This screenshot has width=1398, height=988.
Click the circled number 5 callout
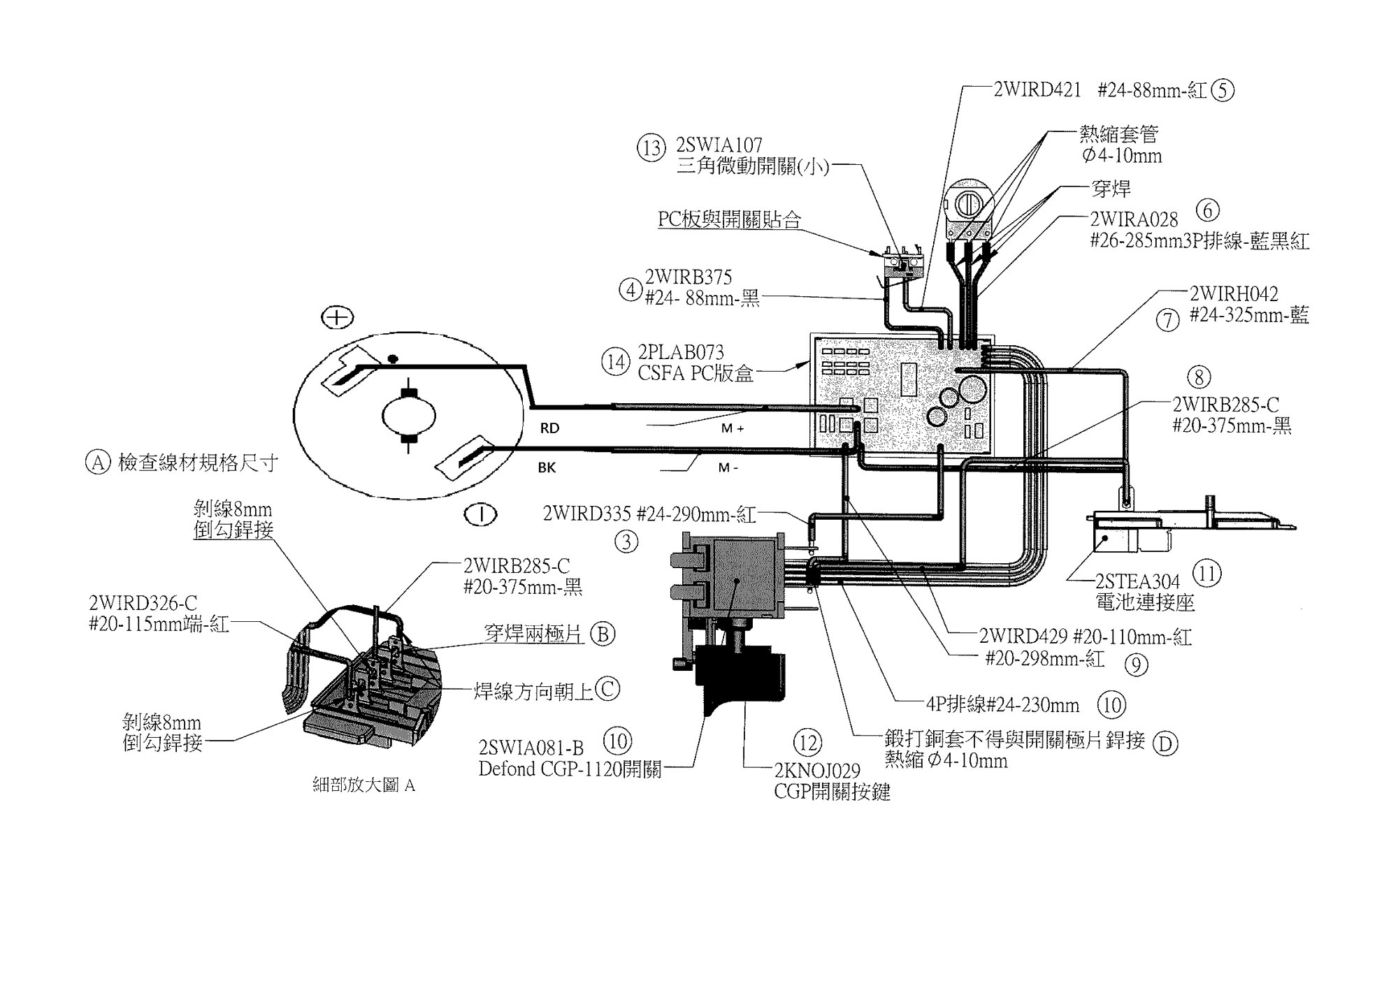tap(1223, 91)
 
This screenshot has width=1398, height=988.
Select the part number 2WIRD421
tap(1038, 90)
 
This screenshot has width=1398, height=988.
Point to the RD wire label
tap(549, 428)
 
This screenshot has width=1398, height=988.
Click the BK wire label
tap(547, 467)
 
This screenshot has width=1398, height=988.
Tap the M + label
tap(732, 428)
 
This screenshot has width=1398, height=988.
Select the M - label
tap(728, 467)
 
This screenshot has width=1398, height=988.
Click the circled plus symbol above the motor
tap(337, 318)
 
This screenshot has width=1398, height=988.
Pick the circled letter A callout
tap(98, 462)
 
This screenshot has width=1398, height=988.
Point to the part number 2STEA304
tap(1137, 581)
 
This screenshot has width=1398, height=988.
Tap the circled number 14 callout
tap(615, 362)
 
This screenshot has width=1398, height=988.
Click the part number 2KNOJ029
tap(817, 771)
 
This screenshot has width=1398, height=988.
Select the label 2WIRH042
tap(1234, 293)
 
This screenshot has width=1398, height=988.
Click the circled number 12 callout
tap(807, 743)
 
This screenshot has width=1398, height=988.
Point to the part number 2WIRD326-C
tap(143, 602)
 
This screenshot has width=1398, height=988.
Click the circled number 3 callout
tap(626, 542)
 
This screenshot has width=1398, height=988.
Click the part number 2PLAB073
tap(681, 351)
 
